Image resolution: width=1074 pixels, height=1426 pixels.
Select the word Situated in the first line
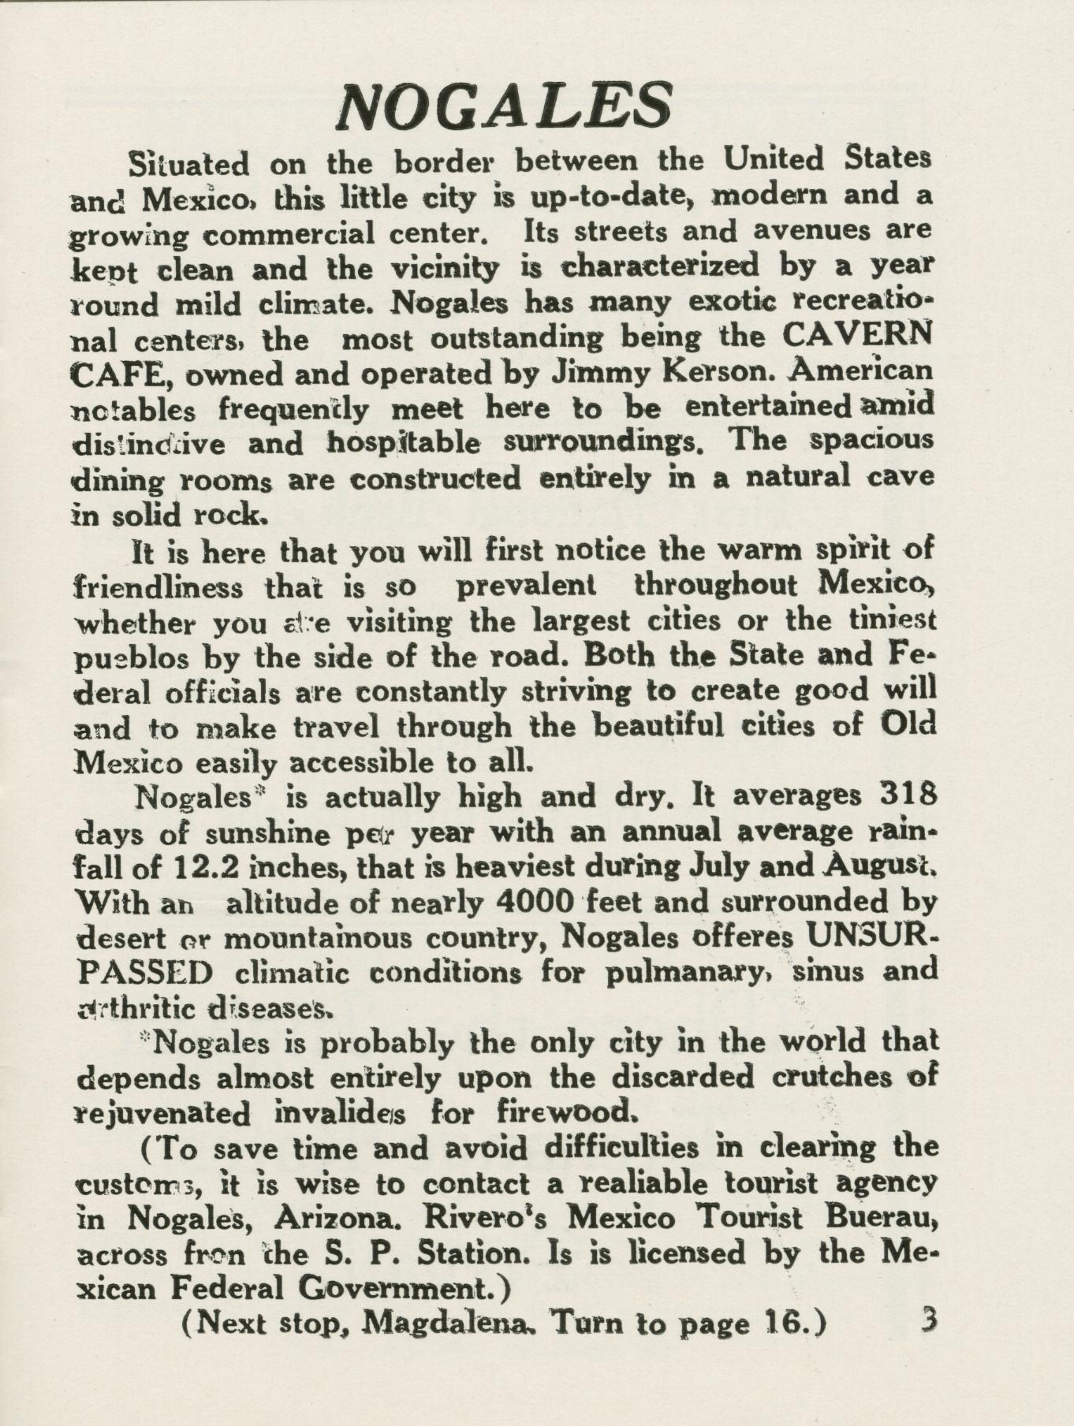click(x=188, y=164)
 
